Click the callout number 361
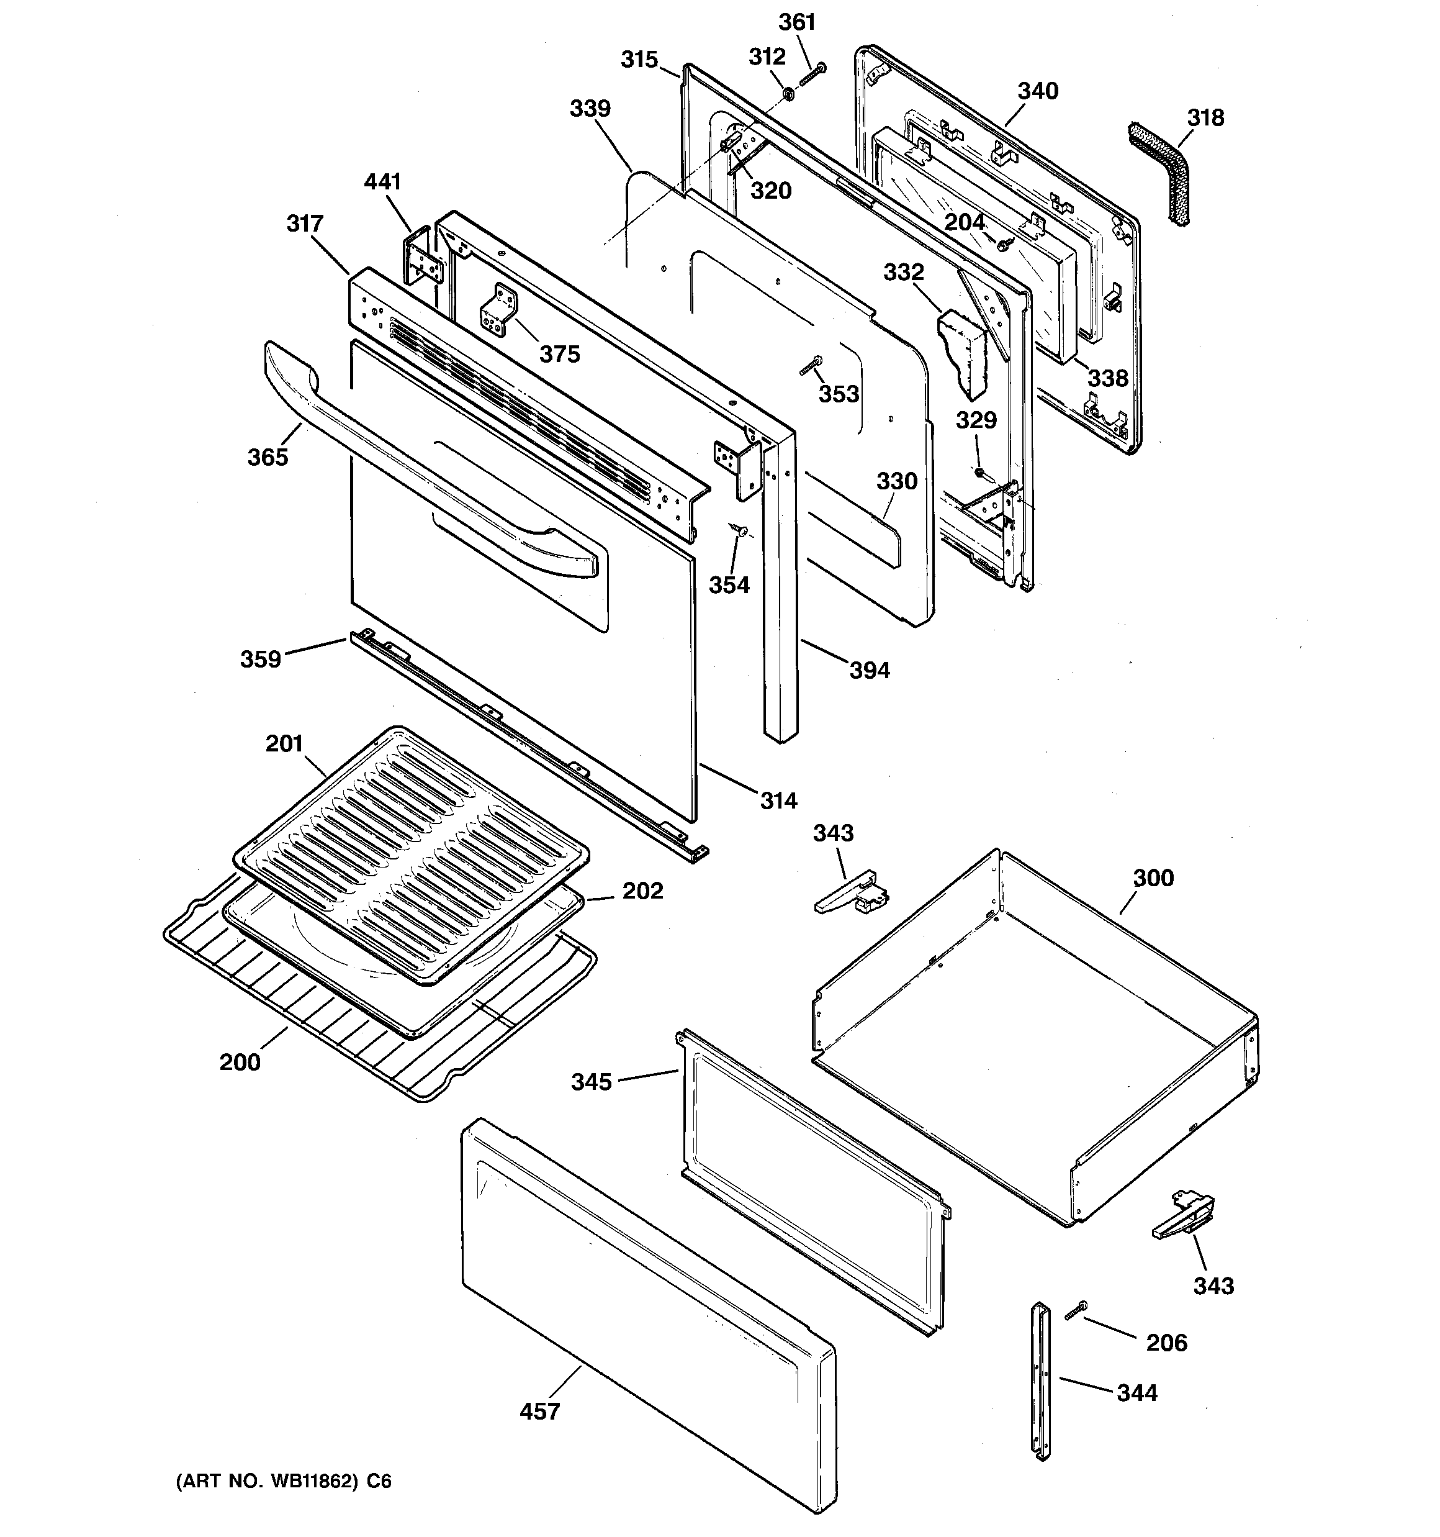(x=796, y=22)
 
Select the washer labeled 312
(x=788, y=94)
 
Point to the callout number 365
(x=268, y=457)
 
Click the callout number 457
(x=539, y=1411)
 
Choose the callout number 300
(x=1153, y=877)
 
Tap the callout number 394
(x=870, y=670)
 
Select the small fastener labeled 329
(x=979, y=471)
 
